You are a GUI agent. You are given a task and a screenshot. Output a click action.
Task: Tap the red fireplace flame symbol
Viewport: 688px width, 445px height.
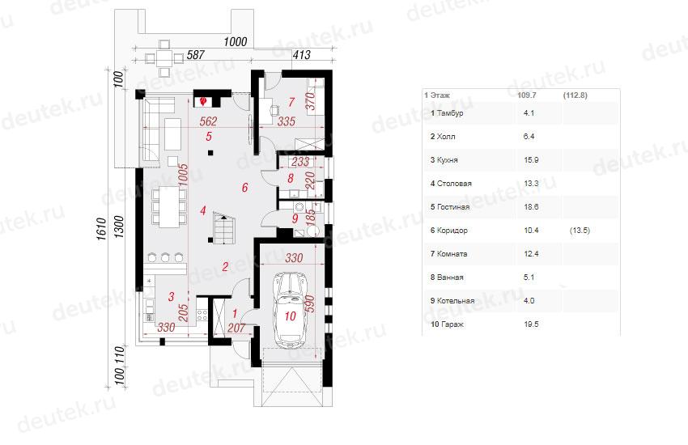coord(203,102)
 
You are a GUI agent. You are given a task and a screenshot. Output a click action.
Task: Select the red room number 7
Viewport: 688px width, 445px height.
coord(291,102)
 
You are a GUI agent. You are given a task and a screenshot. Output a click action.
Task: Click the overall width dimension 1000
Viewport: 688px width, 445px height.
coord(236,41)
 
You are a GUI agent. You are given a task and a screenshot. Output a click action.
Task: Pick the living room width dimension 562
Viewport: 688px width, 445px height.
coord(208,121)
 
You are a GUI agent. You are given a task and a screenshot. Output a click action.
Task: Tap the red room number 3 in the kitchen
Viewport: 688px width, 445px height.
coord(171,297)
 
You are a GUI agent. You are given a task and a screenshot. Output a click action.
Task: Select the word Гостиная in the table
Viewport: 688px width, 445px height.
coord(453,207)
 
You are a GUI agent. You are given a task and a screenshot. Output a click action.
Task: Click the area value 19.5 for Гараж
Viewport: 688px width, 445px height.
coord(531,324)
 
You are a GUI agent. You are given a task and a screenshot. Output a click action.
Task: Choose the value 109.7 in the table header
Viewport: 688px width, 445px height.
coord(527,95)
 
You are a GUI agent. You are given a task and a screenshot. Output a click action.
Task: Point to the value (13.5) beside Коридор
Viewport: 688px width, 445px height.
coord(580,230)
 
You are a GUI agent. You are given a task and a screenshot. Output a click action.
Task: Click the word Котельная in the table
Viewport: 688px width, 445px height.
coord(456,301)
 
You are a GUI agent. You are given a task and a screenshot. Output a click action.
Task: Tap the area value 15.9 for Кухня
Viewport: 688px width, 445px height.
coord(531,160)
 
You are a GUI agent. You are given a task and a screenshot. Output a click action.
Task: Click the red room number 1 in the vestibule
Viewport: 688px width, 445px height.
coord(235,313)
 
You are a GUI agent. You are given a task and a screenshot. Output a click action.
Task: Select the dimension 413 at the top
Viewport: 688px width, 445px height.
coord(301,55)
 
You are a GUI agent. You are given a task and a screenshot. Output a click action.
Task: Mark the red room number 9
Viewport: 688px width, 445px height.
coord(295,218)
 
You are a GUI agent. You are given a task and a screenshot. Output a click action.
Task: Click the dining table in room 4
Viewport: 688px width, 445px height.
coord(169,207)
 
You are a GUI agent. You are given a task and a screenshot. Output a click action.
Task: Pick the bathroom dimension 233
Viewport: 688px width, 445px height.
coord(300,162)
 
